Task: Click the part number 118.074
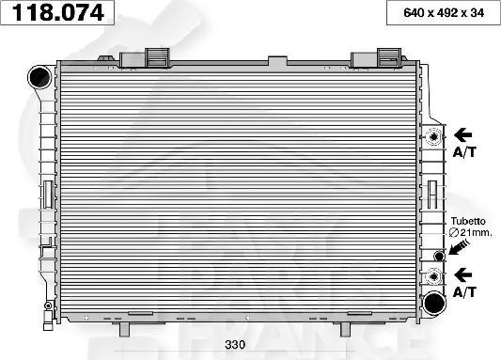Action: pyautogui.click(x=59, y=12)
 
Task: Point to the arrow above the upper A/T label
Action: pyautogui.click(x=465, y=134)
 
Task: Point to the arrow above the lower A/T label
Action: pyautogui.click(x=465, y=274)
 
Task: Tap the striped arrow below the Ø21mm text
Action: pyautogui.click(x=459, y=247)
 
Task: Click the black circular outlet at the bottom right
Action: pyautogui.click(x=433, y=303)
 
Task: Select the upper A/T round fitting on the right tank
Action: pyautogui.click(x=433, y=137)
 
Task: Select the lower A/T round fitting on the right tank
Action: pyautogui.click(x=433, y=276)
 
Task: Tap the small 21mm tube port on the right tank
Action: pyautogui.click(x=438, y=256)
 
